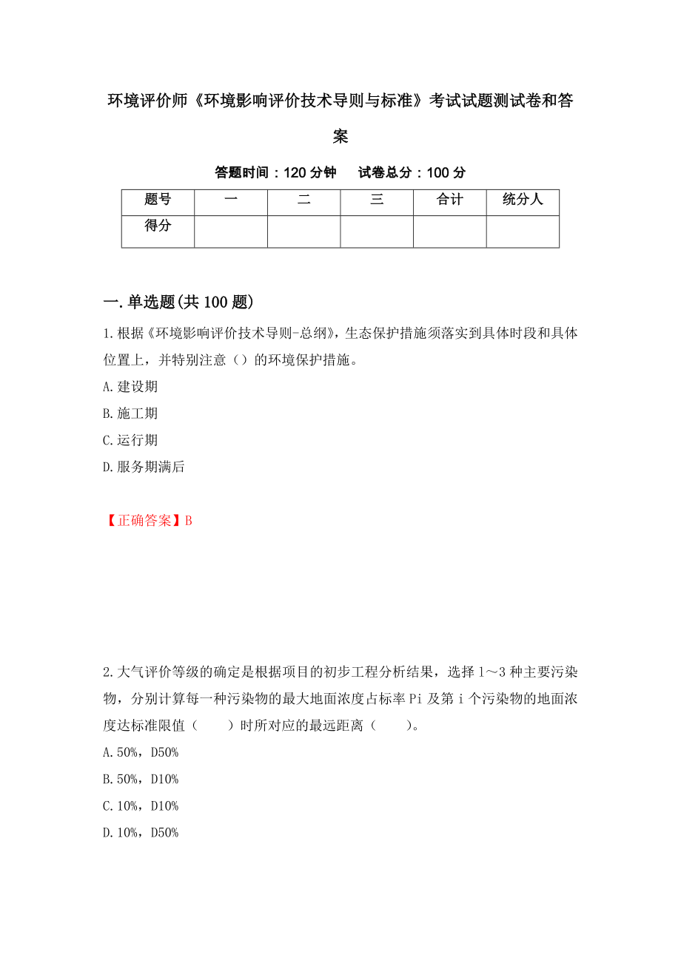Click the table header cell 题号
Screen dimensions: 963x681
(158, 200)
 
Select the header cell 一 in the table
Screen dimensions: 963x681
(230, 200)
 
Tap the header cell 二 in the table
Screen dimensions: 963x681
(303, 200)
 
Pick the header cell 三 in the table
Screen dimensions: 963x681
(377, 200)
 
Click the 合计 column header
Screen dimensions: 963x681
(449, 200)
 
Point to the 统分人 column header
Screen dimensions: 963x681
(523, 200)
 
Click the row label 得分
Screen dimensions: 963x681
(158, 226)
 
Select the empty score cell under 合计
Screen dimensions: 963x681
(449, 231)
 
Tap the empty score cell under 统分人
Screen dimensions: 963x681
(523, 231)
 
